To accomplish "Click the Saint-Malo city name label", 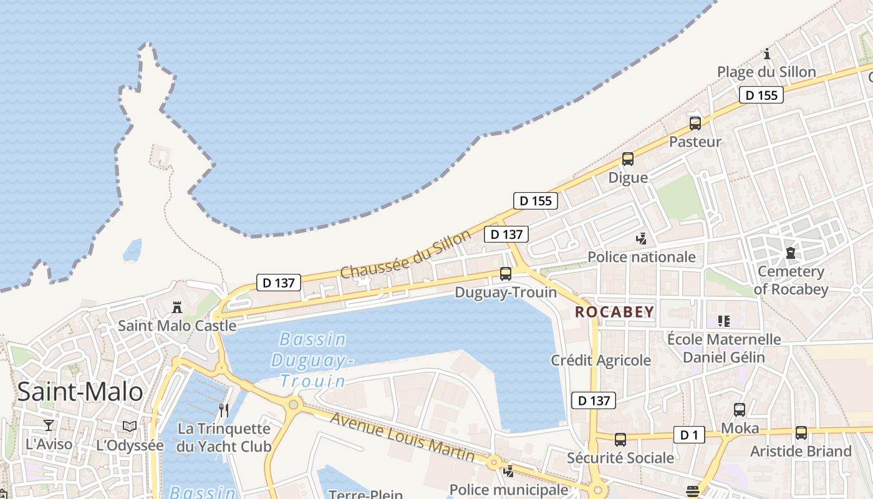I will [x=80, y=392].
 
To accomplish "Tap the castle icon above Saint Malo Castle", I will [x=177, y=307].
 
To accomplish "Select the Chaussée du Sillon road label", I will [x=405, y=254].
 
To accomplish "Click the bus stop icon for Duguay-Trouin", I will [x=506, y=273].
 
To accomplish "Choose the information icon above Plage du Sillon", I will [x=767, y=54].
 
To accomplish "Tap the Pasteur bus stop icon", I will [x=695, y=123].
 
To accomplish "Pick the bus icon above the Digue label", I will [x=628, y=159].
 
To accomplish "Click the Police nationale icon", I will [x=641, y=238].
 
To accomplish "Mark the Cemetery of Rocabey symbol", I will [x=791, y=253].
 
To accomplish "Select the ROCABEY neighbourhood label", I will [x=615, y=312].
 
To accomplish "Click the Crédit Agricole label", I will [x=600, y=360].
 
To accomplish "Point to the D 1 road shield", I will [x=689, y=435].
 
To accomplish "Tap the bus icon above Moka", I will [x=740, y=410].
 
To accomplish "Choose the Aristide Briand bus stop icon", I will [x=801, y=432].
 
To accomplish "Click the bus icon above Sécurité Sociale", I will [x=620, y=439].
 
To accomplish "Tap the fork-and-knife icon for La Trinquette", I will [x=224, y=410].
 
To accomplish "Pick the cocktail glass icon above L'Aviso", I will [x=49, y=425].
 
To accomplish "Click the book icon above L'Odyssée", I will [x=130, y=426].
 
